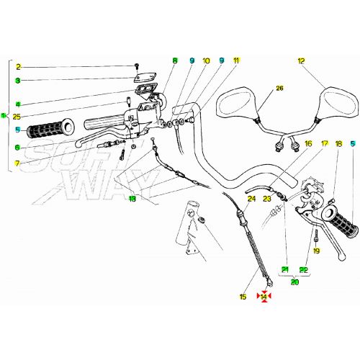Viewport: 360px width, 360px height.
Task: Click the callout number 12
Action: click(x=301, y=61)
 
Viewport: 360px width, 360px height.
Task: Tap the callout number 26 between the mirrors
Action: click(x=279, y=89)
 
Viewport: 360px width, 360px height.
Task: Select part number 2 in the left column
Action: click(x=19, y=66)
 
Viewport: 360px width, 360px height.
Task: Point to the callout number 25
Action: click(x=17, y=116)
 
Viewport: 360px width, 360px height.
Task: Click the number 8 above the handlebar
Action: click(x=174, y=61)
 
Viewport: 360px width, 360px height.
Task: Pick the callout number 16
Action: click(x=307, y=144)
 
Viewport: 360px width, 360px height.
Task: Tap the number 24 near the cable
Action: click(x=251, y=198)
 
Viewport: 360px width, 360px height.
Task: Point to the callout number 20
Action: click(x=294, y=282)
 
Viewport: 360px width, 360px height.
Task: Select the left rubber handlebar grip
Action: click(x=49, y=130)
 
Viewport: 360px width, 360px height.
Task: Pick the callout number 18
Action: click(x=338, y=144)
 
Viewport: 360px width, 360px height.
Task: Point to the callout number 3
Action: click(x=19, y=80)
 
